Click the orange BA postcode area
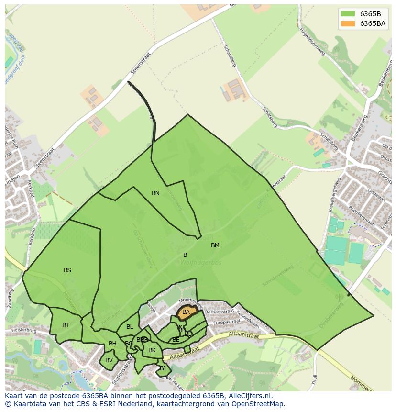click(x=186, y=312)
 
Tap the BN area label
click(x=155, y=193)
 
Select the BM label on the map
click(x=215, y=245)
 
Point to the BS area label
click(x=67, y=270)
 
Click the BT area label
click(x=66, y=325)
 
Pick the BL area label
click(x=130, y=327)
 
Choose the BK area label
click(x=152, y=350)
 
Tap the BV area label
click(x=109, y=360)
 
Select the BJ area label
click(x=163, y=368)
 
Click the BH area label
click(x=112, y=344)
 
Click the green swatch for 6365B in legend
click(x=348, y=14)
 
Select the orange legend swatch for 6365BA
click(x=348, y=23)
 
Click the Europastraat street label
click(x=226, y=323)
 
